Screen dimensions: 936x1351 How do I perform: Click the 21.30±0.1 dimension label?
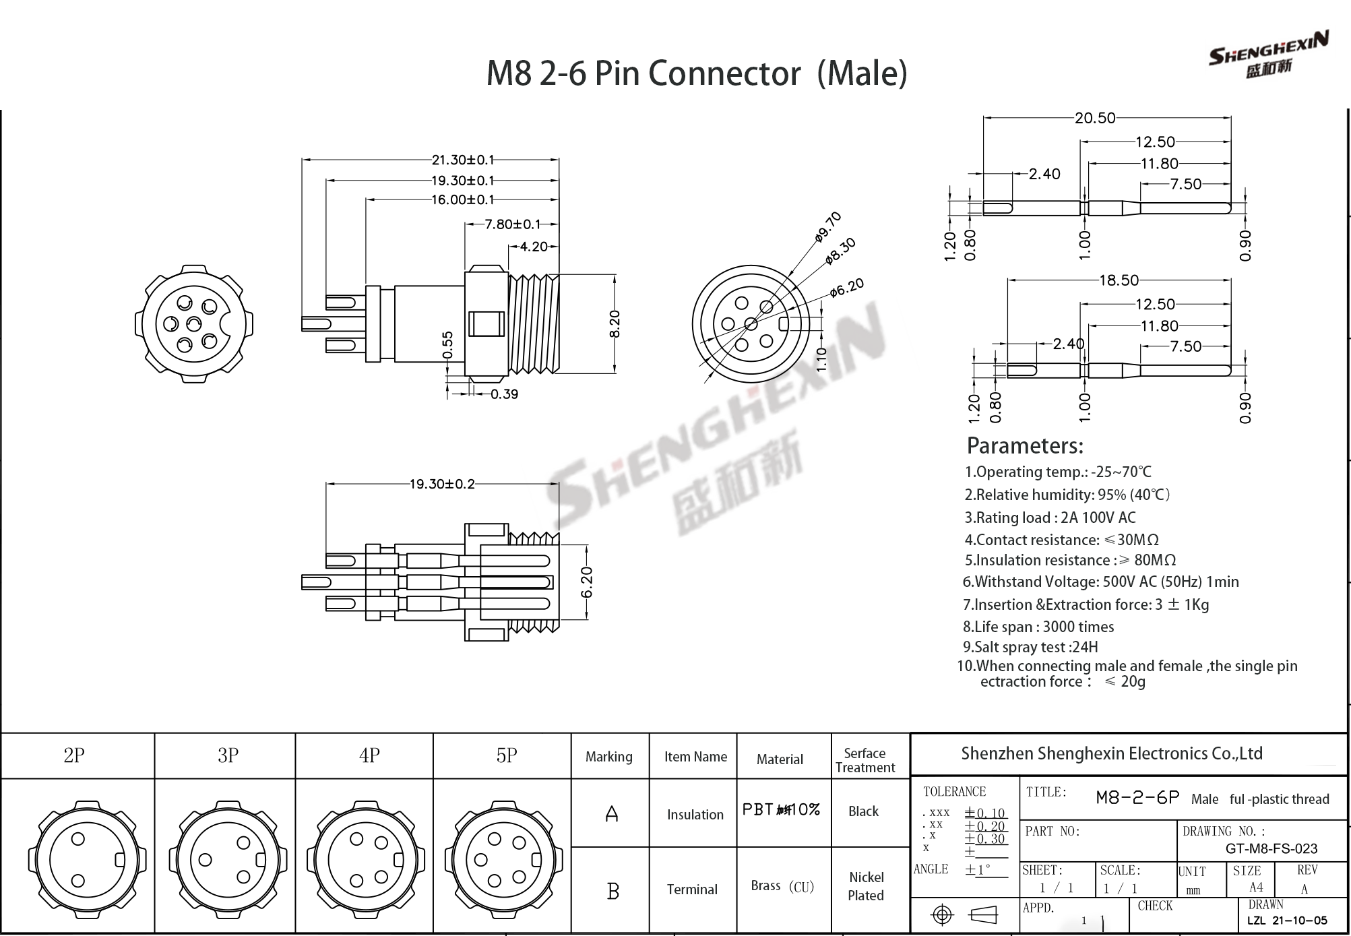pos(463,160)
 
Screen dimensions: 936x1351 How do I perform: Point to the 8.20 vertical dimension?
pos(614,323)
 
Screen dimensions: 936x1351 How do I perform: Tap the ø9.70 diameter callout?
pos(828,226)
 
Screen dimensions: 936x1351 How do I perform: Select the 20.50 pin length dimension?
pos(1095,118)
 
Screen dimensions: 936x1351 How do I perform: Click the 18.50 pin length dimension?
pos(1119,280)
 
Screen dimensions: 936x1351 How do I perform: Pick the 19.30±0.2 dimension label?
pos(442,484)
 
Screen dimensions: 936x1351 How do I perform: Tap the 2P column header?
pos(74,755)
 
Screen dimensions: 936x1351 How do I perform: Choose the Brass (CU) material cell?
pos(782,886)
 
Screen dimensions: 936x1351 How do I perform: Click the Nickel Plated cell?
pos(866,886)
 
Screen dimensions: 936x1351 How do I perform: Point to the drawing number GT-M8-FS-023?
pos(1271,849)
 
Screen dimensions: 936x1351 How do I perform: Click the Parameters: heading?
pos(1024,445)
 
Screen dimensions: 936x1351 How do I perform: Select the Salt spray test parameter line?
pos(1030,647)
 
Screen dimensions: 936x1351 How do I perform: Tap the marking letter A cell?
pos(611,814)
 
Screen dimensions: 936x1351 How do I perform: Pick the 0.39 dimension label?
pos(504,394)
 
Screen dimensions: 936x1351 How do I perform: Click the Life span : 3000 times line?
pos(1038,627)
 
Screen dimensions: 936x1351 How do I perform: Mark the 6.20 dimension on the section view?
pos(586,582)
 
